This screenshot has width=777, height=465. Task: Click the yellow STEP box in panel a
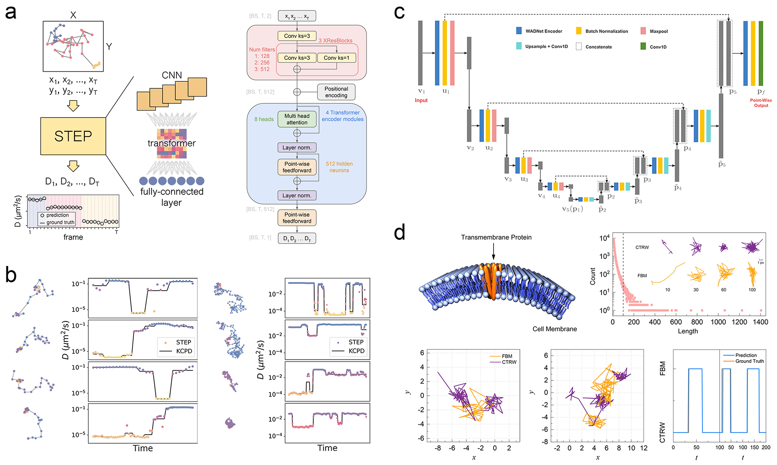[73, 136]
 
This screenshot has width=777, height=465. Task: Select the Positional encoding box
[336, 92]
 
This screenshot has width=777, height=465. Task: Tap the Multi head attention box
[297, 119]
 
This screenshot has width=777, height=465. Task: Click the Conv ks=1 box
[336, 58]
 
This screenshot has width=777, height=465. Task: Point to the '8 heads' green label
[264, 119]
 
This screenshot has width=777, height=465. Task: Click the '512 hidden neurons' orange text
[339, 167]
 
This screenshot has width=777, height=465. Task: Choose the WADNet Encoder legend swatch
[519, 31]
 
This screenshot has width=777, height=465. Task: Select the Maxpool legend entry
[658, 31]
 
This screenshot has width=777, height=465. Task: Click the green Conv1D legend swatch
[643, 47]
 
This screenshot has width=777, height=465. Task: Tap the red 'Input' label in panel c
[421, 100]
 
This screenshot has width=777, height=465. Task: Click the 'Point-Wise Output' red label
[761, 103]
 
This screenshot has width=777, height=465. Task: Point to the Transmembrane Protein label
[496, 237]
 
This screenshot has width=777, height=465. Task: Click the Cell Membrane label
[555, 329]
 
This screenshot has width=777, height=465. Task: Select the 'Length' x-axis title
[688, 331]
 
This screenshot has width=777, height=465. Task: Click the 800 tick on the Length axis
[697, 322]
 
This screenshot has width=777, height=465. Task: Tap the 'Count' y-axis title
[592, 276]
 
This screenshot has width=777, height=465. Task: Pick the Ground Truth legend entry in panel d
[749, 361]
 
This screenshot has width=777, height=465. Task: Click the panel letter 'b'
[11, 275]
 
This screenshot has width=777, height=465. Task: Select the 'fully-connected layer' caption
[172, 197]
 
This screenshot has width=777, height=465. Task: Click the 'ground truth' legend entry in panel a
[60, 223]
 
